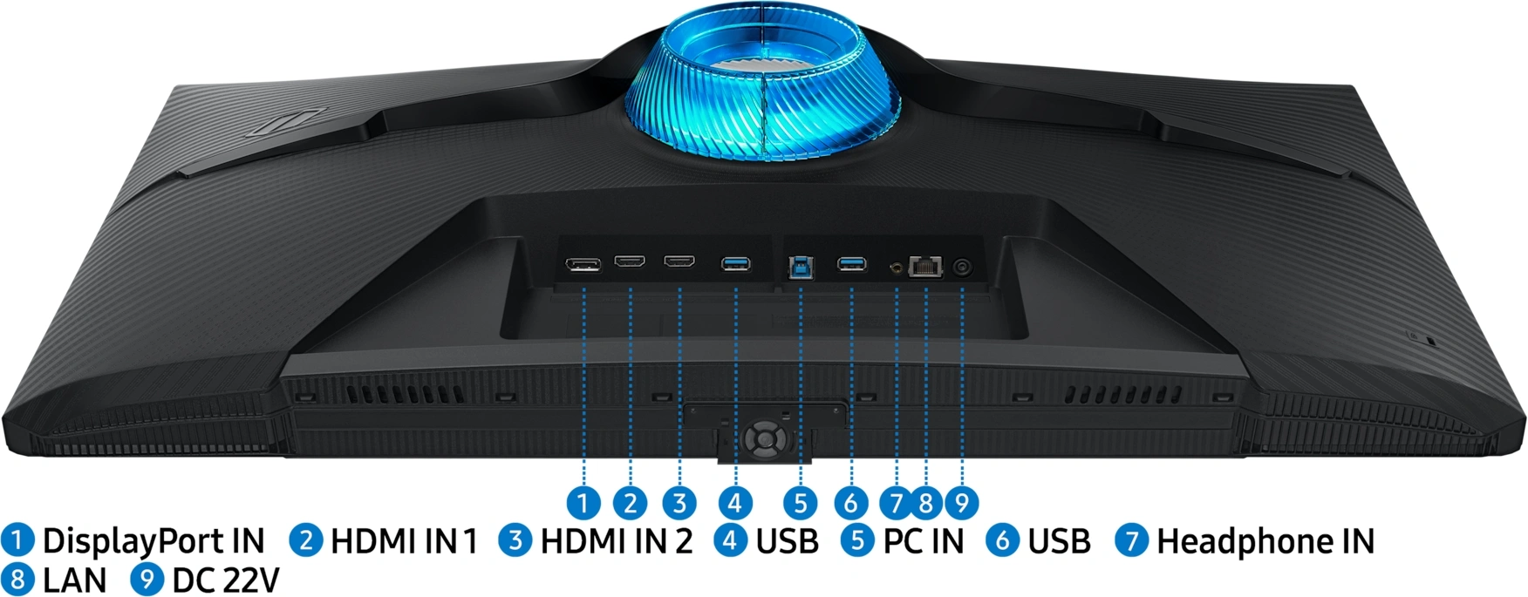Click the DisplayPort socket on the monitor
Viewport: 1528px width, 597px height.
(x=583, y=264)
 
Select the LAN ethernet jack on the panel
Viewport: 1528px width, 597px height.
(x=925, y=266)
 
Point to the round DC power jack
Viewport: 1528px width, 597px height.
(x=962, y=267)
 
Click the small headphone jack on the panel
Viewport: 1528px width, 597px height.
(x=896, y=267)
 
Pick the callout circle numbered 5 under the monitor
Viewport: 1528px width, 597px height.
(x=800, y=502)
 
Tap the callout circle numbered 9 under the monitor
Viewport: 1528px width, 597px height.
(x=961, y=502)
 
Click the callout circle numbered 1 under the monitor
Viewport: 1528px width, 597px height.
(x=583, y=502)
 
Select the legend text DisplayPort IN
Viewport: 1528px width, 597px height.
(x=153, y=541)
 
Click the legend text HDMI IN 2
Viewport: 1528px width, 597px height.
(x=616, y=540)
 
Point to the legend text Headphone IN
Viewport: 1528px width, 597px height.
(x=1265, y=541)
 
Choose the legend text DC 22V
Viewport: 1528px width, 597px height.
(x=225, y=580)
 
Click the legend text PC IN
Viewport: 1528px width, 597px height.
(x=923, y=540)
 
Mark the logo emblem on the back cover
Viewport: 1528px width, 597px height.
(x=288, y=121)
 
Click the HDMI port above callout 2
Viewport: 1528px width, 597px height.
(x=630, y=261)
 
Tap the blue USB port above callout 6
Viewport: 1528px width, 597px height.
(x=851, y=262)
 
